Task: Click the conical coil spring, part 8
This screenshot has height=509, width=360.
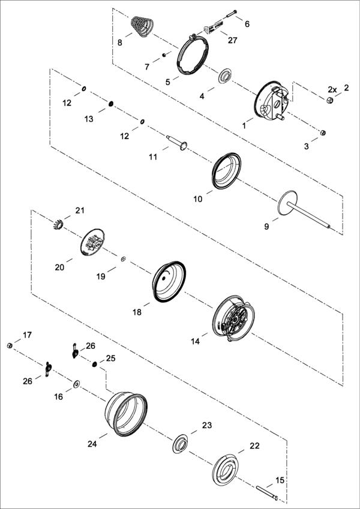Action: [x=142, y=26]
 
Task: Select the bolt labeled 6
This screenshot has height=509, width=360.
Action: [x=230, y=14]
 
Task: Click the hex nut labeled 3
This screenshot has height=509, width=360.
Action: [x=323, y=132]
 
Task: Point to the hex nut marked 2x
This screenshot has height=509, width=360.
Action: [x=329, y=100]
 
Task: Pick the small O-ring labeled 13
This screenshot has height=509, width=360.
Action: [x=111, y=104]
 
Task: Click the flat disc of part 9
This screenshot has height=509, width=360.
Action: [x=288, y=201]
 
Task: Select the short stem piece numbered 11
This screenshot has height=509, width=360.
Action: [x=178, y=143]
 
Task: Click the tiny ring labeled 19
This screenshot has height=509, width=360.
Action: [x=123, y=259]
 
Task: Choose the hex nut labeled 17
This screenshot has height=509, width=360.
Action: [x=10, y=345]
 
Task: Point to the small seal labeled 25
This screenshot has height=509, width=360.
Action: [x=94, y=364]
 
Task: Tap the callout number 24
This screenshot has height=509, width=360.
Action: [x=92, y=444]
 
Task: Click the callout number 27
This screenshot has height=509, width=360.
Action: [x=233, y=40]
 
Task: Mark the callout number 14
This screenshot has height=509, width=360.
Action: [x=195, y=341]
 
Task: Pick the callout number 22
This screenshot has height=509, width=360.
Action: [x=255, y=445]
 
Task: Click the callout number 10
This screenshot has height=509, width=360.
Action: [x=198, y=199]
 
